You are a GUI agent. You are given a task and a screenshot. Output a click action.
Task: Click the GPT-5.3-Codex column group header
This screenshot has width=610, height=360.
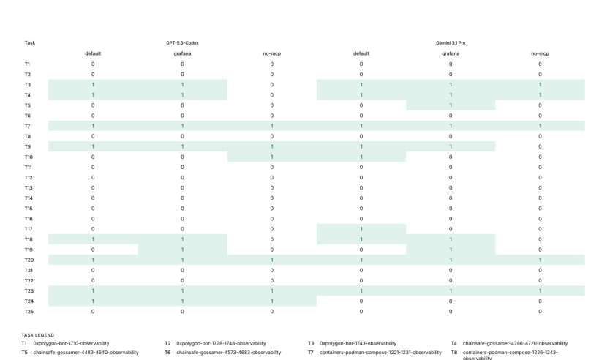(x=182, y=43)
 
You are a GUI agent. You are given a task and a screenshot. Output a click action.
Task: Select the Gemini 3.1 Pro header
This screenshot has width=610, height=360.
(x=451, y=43)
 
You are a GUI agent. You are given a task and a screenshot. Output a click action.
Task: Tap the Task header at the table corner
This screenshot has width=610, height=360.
(x=30, y=43)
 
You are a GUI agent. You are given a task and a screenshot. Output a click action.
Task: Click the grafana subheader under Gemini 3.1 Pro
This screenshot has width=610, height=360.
(x=451, y=53)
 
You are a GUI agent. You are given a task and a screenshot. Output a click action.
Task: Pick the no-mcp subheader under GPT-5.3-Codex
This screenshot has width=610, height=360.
(x=271, y=53)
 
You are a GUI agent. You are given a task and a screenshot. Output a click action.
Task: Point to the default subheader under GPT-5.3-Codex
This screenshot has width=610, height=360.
(x=93, y=53)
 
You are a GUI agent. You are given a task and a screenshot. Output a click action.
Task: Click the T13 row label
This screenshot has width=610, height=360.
(x=29, y=188)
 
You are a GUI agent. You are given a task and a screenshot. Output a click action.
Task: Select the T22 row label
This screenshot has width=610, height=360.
(x=29, y=280)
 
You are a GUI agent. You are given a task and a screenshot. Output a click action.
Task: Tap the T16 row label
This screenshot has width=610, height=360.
(x=29, y=219)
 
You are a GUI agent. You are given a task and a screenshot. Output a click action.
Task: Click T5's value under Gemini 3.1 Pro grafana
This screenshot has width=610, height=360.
(x=451, y=105)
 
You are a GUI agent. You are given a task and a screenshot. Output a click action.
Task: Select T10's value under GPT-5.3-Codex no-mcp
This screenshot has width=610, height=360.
(x=271, y=157)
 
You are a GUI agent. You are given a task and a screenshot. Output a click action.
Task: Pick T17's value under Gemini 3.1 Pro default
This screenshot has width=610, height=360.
(x=361, y=229)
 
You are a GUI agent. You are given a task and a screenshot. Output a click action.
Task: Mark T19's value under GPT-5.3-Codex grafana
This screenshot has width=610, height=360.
(x=182, y=250)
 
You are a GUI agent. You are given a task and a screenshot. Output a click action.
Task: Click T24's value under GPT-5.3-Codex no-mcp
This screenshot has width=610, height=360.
(x=271, y=301)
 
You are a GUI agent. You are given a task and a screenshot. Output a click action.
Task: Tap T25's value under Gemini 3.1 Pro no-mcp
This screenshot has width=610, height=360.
(x=540, y=312)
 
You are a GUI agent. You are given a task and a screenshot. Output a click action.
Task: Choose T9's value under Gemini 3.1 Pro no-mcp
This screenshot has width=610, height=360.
(x=540, y=147)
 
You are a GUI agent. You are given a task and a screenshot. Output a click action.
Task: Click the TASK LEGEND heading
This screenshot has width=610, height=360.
(x=38, y=335)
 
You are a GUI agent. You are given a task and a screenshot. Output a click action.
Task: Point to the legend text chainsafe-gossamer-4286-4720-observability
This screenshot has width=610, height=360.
(x=515, y=344)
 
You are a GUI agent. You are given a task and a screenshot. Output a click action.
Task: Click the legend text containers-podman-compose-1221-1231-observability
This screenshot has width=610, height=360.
(x=380, y=353)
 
